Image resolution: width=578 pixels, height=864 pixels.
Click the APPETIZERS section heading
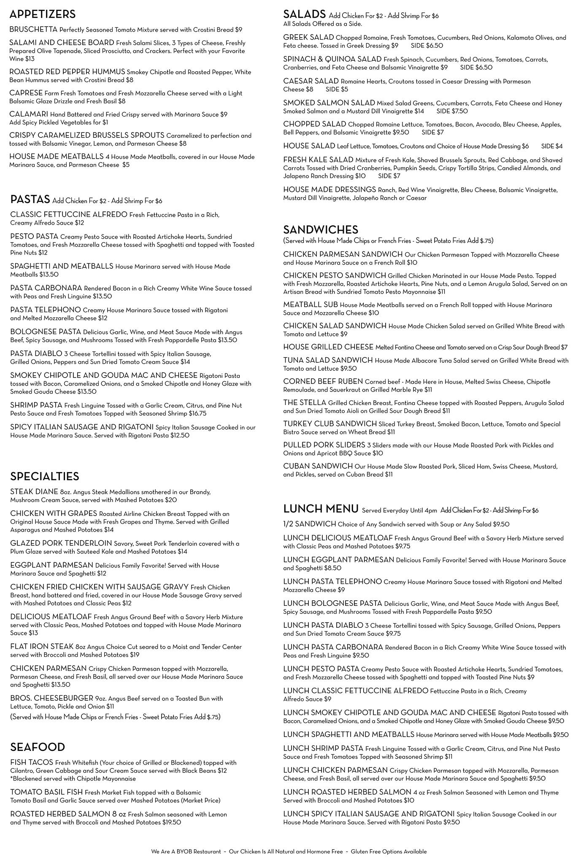[x=42, y=14]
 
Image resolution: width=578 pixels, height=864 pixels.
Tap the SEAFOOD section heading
[x=38, y=747]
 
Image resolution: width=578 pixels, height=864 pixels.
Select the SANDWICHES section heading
[x=321, y=229]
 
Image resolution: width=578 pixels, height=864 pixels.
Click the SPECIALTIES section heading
[x=45, y=476]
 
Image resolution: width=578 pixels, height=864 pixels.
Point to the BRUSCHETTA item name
[x=33, y=30]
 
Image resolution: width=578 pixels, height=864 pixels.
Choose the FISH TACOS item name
[x=32, y=762]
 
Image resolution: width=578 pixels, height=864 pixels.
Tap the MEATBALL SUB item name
[x=311, y=305]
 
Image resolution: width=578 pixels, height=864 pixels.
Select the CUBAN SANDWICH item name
[x=318, y=466]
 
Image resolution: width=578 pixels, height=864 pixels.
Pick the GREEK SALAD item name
[x=308, y=37]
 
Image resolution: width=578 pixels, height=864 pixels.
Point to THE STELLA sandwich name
[x=305, y=402]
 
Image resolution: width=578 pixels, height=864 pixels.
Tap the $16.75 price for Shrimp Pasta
[x=197, y=413]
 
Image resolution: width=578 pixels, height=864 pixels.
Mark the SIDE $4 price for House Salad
[x=552, y=146]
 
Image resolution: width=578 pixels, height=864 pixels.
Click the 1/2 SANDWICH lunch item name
[x=309, y=524]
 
